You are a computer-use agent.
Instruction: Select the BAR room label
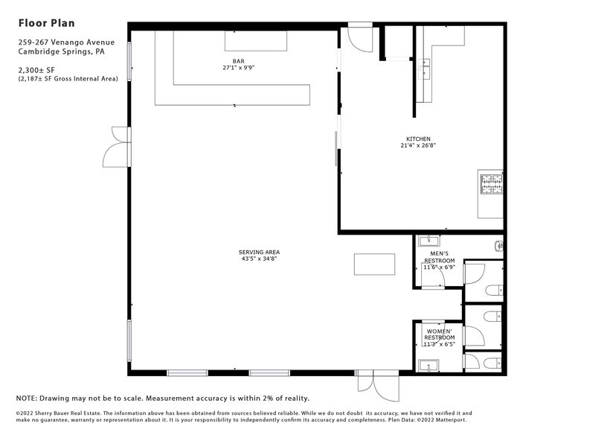coord(238,60)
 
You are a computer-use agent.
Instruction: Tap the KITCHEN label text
coord(417,139)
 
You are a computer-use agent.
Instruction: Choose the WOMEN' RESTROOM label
coord(439,334)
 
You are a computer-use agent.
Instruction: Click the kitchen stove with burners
coord(491,183)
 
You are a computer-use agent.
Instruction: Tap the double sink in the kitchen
coord(426,69)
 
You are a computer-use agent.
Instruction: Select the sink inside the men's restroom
coord(428,241)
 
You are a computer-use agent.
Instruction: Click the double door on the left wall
coord(118,147)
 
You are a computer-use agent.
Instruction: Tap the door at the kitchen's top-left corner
coord(361,39)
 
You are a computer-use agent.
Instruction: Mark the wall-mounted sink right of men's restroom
coord(499,244)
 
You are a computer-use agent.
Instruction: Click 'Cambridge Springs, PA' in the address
coord(61,52)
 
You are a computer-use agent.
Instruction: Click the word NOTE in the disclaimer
coord(27,398)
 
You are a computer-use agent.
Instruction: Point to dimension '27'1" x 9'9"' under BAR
coord(239,68)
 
